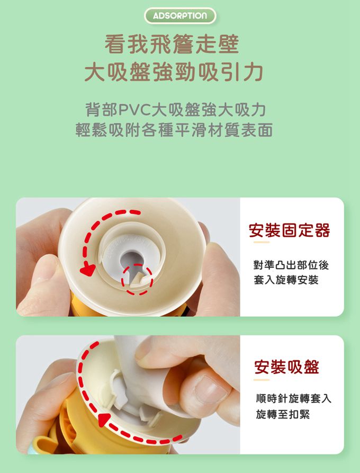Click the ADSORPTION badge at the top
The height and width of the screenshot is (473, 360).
pyautogui.click(x=180, y=16)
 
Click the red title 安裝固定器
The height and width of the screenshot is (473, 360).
pyautogui.click(x=289, y=230)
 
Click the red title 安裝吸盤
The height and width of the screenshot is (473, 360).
pyautogui.click(x=286, y=367)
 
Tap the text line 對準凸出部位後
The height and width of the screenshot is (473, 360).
pyautogui.click(x=291, y=264)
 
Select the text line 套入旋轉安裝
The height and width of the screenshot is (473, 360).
pyautogui.click(x=286, y=280)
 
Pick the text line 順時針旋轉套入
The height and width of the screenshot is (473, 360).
pyautogui.click(x=293, y=398)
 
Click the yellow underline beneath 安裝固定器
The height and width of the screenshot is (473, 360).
pyautogui.click(x=261, y=243)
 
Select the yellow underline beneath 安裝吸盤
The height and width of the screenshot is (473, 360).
pyautogui.click(x=261, y=379)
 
